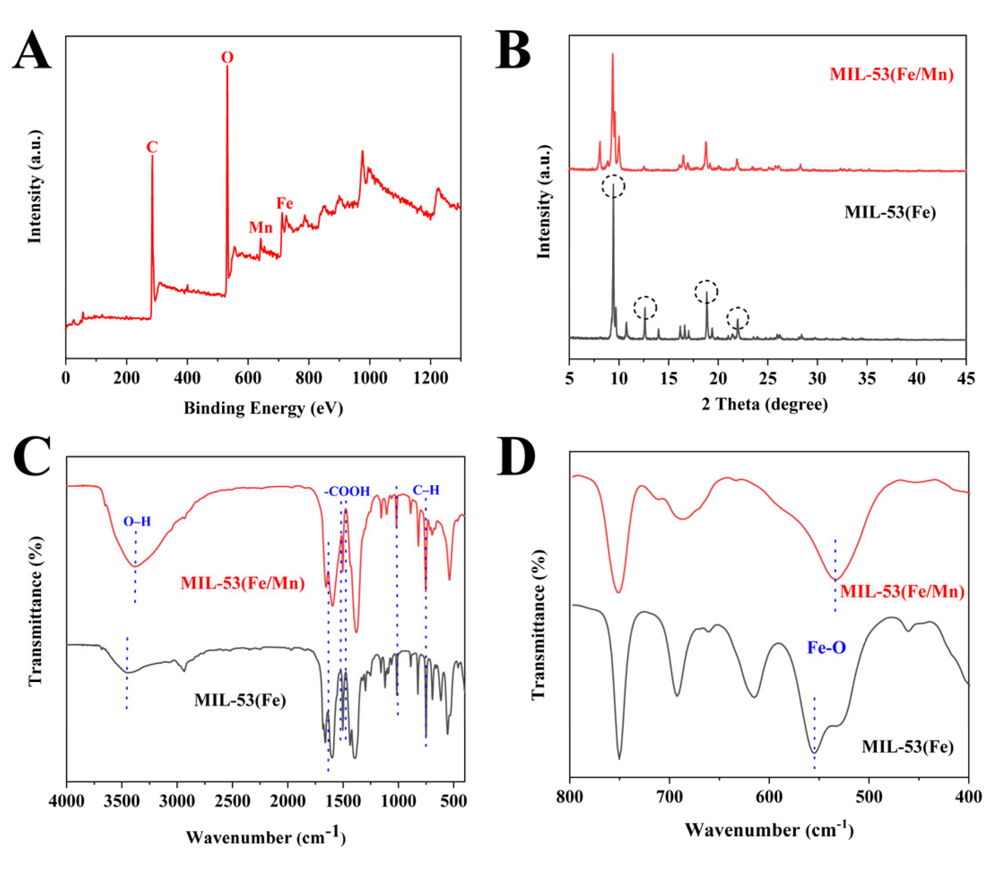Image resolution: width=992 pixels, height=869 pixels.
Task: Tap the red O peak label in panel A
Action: click(227, 58)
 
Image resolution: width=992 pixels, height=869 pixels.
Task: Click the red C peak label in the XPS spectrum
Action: click(152, 147)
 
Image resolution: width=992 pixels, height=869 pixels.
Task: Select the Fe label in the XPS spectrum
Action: click(285, 203)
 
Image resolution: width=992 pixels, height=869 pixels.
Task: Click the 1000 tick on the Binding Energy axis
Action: click(369, 378)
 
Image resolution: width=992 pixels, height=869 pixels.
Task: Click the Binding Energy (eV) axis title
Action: click(263, 408)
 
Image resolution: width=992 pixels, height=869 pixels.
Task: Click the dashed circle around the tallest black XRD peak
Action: click(613, 186)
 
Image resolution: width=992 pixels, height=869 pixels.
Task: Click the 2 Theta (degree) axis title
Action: click(765, 404)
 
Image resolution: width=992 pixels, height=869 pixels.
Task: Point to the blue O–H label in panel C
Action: click(137, 522)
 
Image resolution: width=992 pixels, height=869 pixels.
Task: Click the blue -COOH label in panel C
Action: click(347, 492)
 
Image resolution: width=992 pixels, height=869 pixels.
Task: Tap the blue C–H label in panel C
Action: click(426, 490)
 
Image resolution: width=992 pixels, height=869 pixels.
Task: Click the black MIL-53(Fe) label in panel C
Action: click(240, 700)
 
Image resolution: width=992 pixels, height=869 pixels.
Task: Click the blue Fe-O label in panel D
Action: click(826, 647)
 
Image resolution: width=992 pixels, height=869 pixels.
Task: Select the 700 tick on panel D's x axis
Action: click(670, 796)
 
